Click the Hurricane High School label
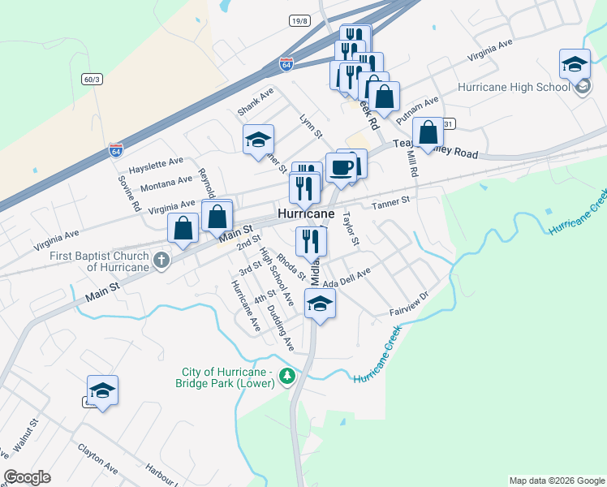tap(514, 88)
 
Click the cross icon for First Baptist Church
tap(161, 261)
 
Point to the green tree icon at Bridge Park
tap(286, 377)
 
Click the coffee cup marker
tap(342, 168)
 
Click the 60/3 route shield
tap(92, 79)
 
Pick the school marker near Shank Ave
tap(258, 140)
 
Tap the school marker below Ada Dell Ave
tap(320, 305)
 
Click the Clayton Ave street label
tap(97, 459)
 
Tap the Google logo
tap(27, 477)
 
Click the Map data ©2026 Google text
tap(556, 481)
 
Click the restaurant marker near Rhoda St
tap(310, 241)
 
